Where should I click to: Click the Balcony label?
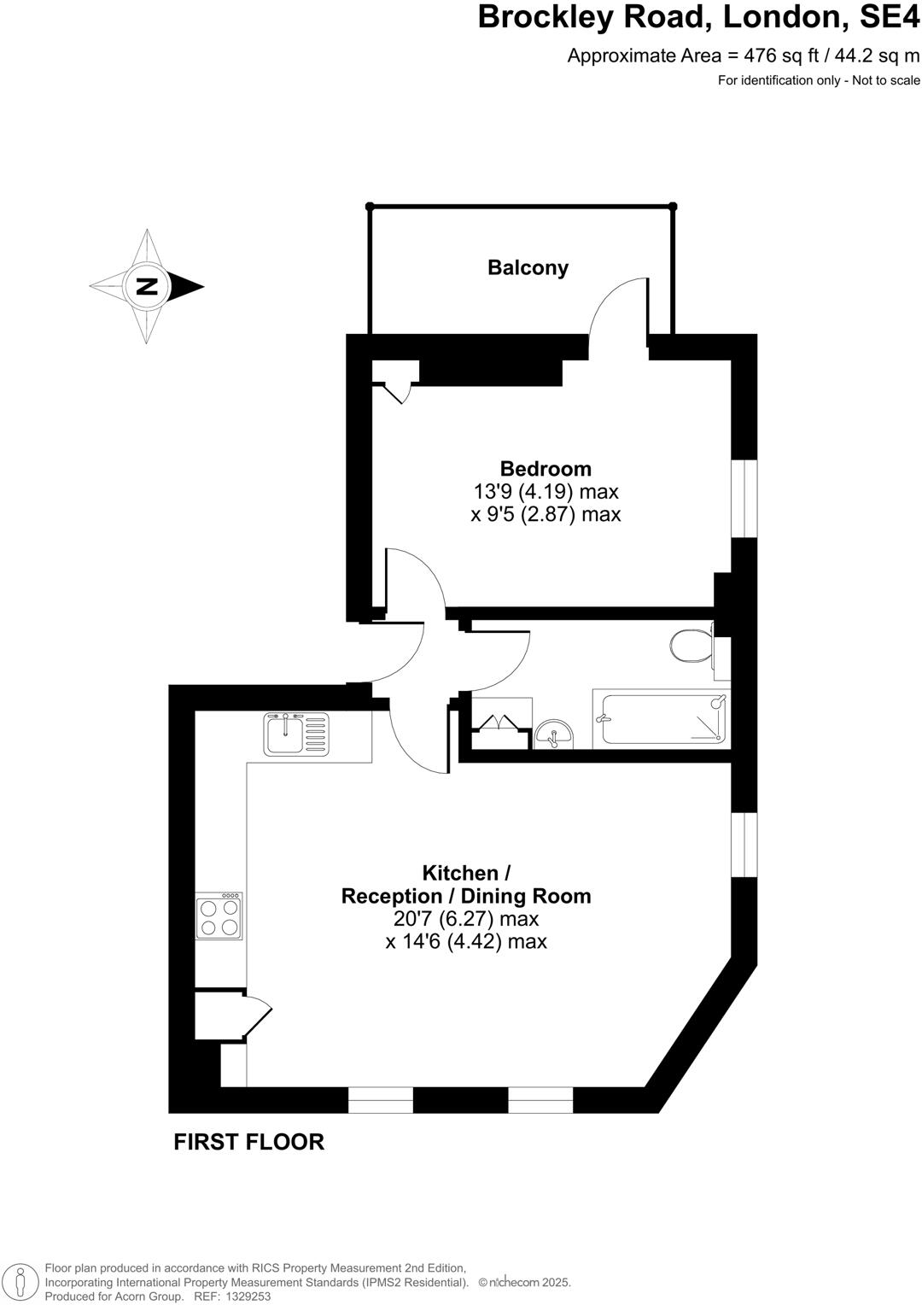coord(528,267)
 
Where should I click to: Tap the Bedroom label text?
coord(546,468)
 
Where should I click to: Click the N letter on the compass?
coord(148,286)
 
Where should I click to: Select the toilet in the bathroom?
coord(691,646)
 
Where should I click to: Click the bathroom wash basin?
coord(555,733)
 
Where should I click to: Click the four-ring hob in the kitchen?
coord(219,916)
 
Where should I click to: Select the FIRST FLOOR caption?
coord(248,1142)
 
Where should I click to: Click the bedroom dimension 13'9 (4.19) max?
coord(546,491)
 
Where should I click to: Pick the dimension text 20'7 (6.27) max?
coord(466,919)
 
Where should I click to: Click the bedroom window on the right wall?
coord(745,499)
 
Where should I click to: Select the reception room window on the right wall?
coord(745,845)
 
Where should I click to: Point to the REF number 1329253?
coord(245,1296)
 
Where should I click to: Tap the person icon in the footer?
coord(24,1282)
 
